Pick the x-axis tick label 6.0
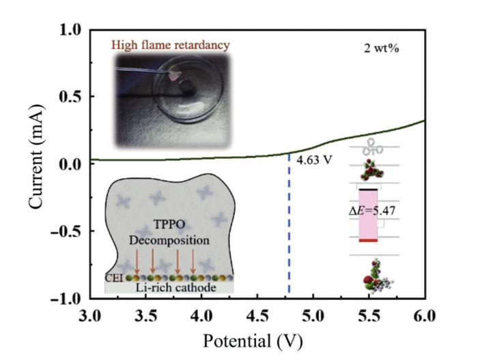pyautogui.click(x=424, y=316)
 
